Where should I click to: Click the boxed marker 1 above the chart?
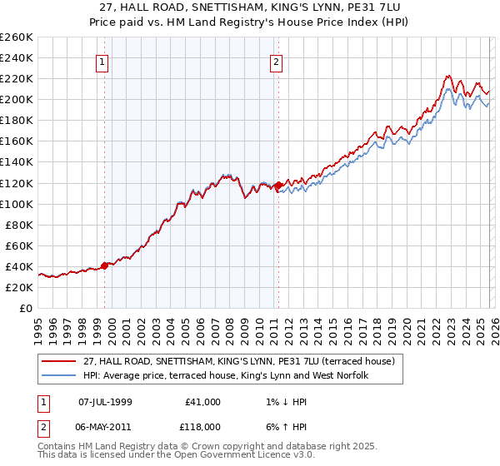tap(102, 61)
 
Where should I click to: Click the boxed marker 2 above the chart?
tap(276, 61)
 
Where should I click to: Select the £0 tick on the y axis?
tap(25, 308)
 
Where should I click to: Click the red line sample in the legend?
tap(59, 361)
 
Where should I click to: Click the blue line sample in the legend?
tap(59, 375)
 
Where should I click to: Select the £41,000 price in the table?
tap(201, 401)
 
